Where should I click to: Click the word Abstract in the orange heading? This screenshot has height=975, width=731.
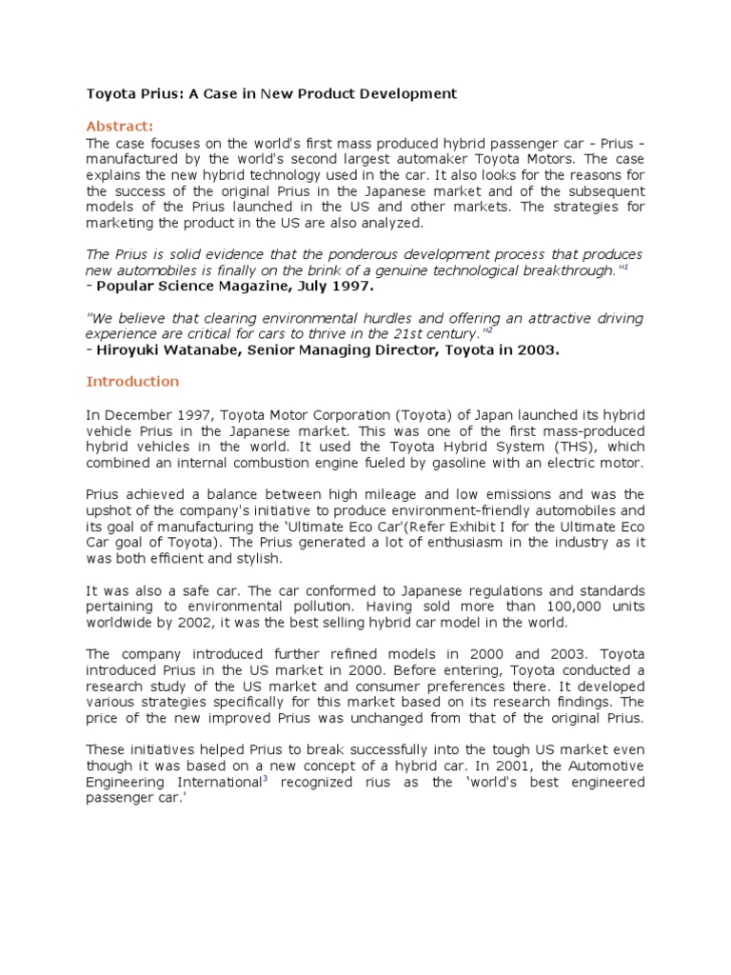click(x=118, y=127)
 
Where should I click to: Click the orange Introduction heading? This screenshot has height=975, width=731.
click(x=132, y=382)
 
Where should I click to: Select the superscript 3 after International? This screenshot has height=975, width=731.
click(x=265, y=779)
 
